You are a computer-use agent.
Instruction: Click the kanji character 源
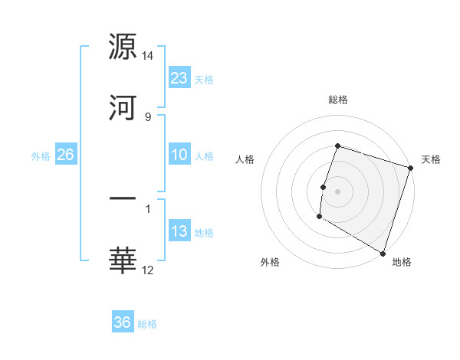(123, 47)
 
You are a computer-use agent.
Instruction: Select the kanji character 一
(123, 199)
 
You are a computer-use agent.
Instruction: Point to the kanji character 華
(123, 260)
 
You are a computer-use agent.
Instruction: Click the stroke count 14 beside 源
(148, 56)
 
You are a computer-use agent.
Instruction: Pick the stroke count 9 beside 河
(147, 116)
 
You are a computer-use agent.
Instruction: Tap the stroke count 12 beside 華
(148, 270)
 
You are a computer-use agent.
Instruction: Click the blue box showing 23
(179, 77)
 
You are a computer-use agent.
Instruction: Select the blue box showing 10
(179, 155)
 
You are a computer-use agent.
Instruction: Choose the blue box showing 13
(179, 231)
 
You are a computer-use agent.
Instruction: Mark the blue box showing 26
(65, 155)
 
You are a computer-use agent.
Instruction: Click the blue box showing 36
(123, 322)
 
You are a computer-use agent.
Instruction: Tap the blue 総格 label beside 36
(148, 324)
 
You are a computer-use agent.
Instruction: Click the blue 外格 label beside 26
(41, 155)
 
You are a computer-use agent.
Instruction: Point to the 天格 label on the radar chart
(432, 159)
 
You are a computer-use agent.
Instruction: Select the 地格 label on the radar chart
(402, 262)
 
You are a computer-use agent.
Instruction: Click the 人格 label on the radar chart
(245, 159)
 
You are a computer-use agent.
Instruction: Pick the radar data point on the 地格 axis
(383, 253)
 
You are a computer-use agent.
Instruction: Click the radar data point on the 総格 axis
(337, 146)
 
